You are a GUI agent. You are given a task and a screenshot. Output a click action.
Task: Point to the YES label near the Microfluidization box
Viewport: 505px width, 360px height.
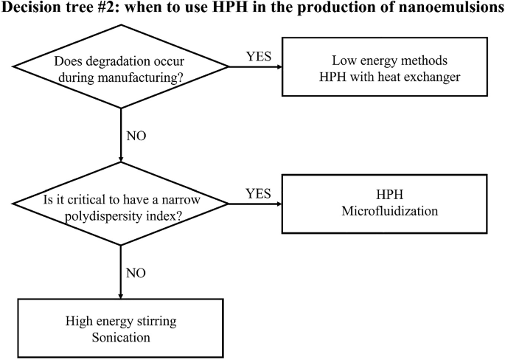258,194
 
